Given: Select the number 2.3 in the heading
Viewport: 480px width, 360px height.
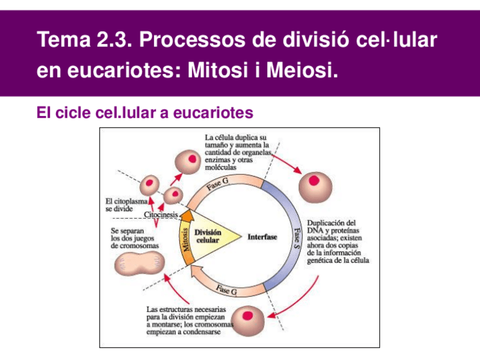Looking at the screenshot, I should [x=112, y=40].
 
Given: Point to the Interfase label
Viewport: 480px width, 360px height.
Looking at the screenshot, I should [x=263, y=237].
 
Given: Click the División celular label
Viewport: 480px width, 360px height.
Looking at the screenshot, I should [x=208, y=236].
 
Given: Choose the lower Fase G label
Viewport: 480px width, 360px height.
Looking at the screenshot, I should [x=226, y=290].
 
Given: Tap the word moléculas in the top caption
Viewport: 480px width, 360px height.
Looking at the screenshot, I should [x=220, y=168].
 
